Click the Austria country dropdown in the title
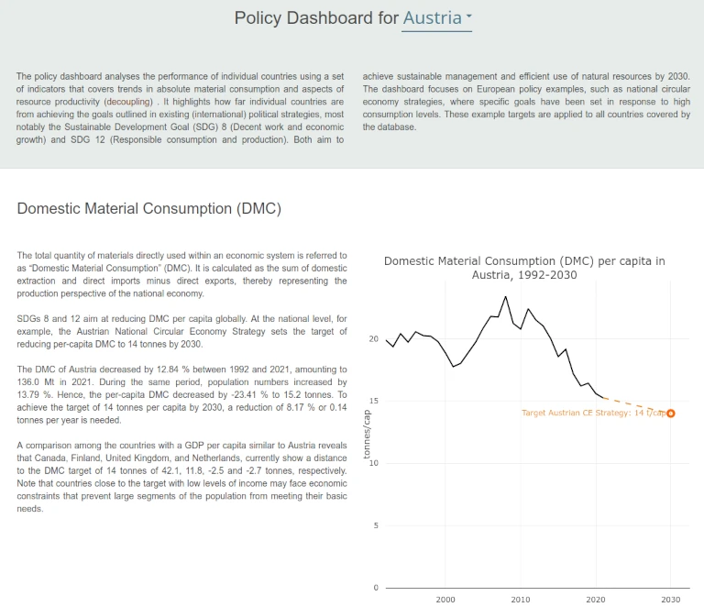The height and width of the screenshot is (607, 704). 437,18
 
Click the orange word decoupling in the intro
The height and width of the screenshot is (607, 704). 129,102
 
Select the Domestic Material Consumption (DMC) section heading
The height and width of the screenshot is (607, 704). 149,209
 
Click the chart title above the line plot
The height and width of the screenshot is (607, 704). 524,268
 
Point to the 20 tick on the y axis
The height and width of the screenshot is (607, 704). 374,339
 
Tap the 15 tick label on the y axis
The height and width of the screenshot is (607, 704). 374,401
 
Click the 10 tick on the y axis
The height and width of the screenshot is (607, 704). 374,463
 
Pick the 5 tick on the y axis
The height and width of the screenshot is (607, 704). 376,525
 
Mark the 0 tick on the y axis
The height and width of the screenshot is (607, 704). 376,588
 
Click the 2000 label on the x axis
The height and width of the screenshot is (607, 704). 445,600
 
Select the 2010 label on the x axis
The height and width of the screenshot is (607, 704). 521,600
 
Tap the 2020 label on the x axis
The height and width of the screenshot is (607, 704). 596,600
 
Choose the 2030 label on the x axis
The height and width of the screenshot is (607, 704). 671,600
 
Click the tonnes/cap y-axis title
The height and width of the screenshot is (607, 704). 367,434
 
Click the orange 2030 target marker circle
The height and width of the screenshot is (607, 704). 671,414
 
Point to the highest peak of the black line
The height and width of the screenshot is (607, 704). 506,297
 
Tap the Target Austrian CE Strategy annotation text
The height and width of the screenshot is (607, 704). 594,413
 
